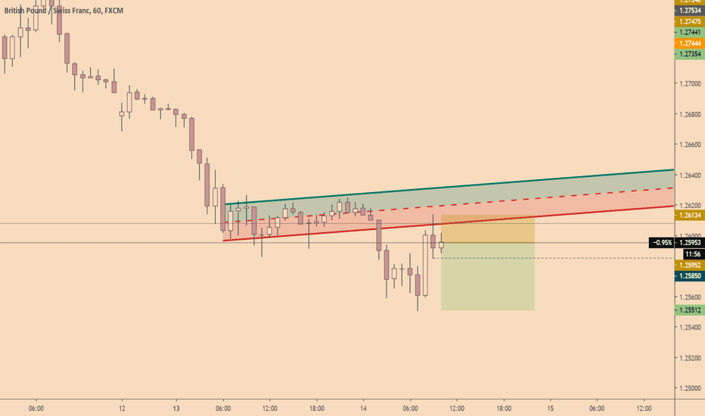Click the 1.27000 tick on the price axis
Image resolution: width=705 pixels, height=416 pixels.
coord(689,84)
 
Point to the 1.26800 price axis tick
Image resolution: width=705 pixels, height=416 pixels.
coord(689,114)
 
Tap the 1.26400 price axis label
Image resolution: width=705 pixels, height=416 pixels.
coord(689,175)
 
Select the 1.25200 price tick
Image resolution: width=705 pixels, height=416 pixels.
coord(689,357)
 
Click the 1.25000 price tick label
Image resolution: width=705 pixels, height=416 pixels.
coord(689,387)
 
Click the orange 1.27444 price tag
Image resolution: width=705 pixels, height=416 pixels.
coord(689,43)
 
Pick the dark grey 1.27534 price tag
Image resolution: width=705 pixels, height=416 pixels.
coord(689,11)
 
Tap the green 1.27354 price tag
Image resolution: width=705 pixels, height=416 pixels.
coord(689,54)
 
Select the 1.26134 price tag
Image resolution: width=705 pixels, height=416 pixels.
coord(689,216)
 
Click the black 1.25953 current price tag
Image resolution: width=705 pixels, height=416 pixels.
coord(689,243)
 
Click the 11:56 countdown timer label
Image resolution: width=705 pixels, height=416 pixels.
coord(689,255)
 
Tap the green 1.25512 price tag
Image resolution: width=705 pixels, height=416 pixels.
coord(689,309)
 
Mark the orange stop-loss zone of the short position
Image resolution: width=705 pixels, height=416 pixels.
coord(488,229)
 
